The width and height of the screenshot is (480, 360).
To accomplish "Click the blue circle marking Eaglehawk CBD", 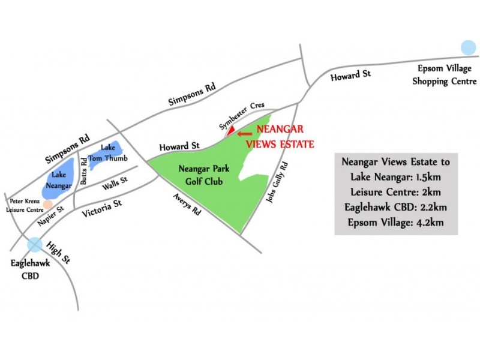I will tap(35, 244).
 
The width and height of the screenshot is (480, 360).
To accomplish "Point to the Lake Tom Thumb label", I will tap(108, 152).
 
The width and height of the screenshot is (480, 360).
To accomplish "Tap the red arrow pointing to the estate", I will tap(244, 134).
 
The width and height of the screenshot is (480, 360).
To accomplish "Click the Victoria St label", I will tap(102, 207).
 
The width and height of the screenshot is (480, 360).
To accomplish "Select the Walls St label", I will tap(114, 184).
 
